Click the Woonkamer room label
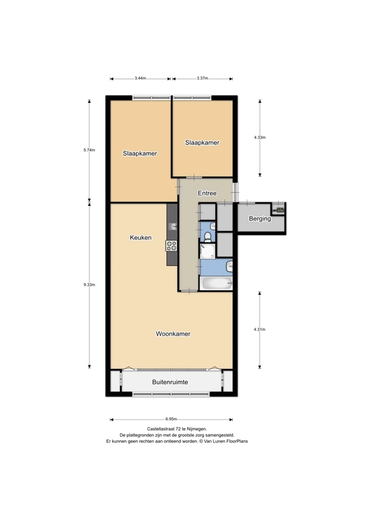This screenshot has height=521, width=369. pos(173,333)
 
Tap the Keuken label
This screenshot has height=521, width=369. pos(141,238)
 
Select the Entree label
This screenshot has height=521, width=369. pos(207,193)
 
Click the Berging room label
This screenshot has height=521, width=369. pos(260,219)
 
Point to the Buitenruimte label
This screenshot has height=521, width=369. pos(170,382)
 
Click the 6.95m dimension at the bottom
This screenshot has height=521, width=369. pos(171,419)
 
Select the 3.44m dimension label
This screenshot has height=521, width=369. pos(140,78)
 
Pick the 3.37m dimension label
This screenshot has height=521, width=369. pos(202,78)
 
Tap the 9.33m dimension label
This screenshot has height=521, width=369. pos(89,285)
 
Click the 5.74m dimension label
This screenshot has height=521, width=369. pos(89,150)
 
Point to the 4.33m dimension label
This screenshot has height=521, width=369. pos(259,137)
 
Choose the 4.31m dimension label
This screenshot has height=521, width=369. pos(259,330)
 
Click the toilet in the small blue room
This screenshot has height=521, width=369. pos(207,236)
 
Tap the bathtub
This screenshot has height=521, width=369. pos(216,283)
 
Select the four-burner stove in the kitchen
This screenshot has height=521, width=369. pos(171,246)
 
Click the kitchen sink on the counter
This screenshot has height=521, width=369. pos(173,227)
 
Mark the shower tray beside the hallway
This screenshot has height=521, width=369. pos(207,251)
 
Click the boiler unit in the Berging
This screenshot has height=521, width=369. pos(279,209)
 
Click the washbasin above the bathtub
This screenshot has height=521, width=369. pos(229,266)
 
